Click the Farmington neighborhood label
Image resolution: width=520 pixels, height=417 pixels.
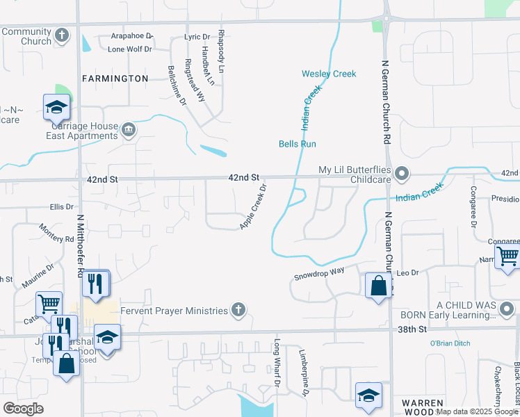point(115,79)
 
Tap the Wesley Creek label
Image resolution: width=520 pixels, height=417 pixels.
point(328,74)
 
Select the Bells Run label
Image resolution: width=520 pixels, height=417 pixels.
point(298,144)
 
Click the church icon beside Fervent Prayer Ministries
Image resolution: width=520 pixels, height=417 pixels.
point(238,311)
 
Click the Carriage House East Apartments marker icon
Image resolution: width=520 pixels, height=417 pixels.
point(129,130)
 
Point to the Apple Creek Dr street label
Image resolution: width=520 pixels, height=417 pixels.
point(253,207)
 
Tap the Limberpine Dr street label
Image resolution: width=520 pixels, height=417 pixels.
point(304,372)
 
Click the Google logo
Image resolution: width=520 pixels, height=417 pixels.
point(23,409)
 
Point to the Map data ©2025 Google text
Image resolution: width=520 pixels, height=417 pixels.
point(477,411)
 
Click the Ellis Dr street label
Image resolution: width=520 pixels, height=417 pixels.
point(61,207)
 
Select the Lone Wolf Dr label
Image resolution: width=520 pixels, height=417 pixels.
point(129,49)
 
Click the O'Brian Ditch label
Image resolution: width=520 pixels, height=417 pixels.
point(450,343)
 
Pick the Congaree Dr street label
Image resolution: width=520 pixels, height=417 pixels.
point(473,207)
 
